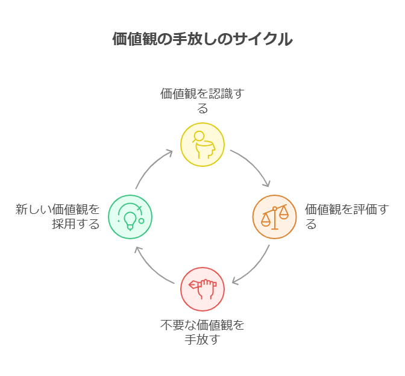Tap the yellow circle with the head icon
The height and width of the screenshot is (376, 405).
202,145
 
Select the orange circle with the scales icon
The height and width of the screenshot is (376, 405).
274,217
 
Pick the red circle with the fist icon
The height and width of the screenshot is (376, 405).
202,289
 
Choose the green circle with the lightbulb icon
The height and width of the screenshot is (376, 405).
130,217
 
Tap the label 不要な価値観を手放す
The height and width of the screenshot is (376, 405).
202,332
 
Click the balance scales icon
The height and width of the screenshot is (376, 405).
274,218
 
